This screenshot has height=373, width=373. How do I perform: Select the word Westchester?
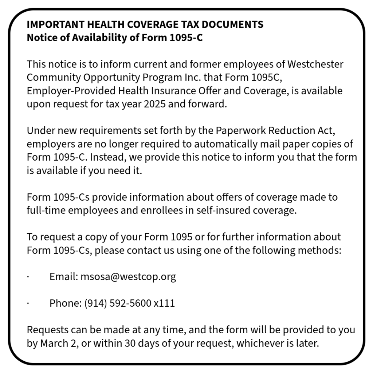coord(315,64)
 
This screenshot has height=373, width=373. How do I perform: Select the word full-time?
coord(44,210)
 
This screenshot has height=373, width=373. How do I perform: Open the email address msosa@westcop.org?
coord(128,277)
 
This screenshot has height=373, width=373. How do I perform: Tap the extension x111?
coord(164,303)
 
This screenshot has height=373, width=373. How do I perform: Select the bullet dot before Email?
coord(28,277)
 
